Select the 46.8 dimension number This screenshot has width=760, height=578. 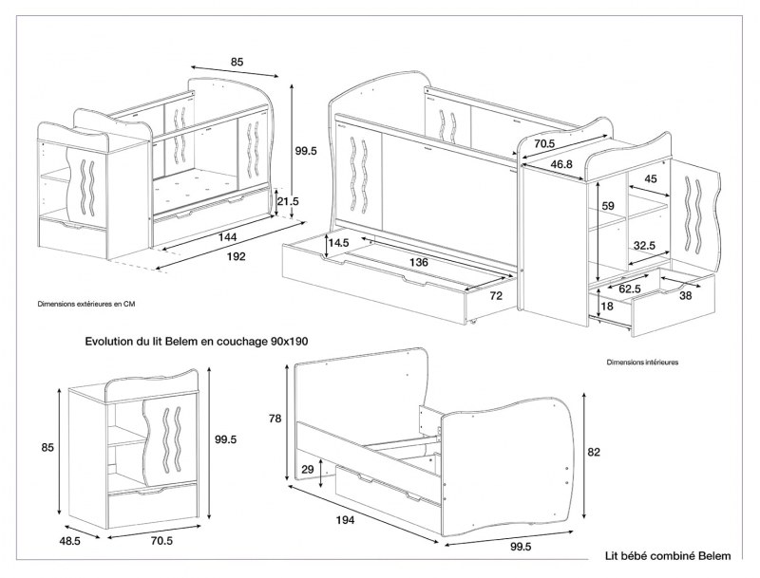point(561,164)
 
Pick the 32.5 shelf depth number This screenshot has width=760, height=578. point(644,245)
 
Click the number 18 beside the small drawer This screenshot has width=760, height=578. point(607,307)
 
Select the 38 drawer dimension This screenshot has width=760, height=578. point(685,295)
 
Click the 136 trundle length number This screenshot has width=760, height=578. point(411,262)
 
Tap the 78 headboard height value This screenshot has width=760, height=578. point(274,419)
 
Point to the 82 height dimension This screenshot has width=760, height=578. point(595,452)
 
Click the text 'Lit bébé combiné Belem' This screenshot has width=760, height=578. point(668,556)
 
